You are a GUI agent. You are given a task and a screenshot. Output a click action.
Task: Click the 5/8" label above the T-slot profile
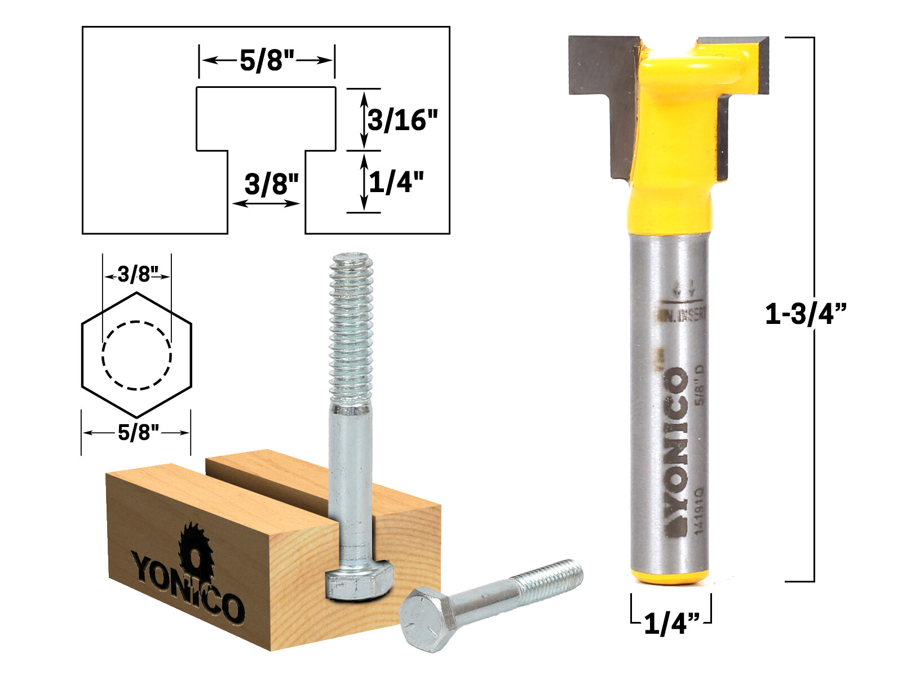[267, 60]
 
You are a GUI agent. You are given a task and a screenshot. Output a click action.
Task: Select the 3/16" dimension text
[403, 120]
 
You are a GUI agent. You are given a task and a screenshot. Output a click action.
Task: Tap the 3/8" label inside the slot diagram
[271, 184]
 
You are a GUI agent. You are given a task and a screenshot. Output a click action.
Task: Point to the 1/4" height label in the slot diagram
[396, 181]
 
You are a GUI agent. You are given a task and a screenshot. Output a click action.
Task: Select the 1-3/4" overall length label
[806, 313]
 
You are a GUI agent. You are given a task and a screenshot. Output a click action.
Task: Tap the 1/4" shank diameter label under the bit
[671, 623]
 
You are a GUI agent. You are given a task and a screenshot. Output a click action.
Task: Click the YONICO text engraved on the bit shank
[676, 451]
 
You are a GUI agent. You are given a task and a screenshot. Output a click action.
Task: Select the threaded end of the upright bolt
[351, 327]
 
